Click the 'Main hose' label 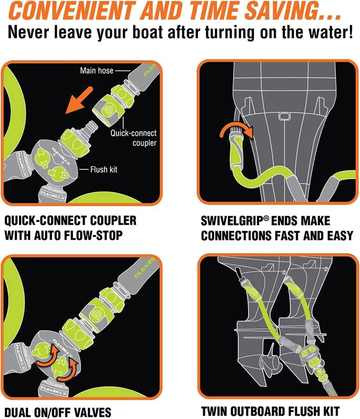pos(97,70)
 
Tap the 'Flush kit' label pos(104,170)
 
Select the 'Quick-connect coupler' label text pos(134,138)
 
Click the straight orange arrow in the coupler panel pos(79,100)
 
